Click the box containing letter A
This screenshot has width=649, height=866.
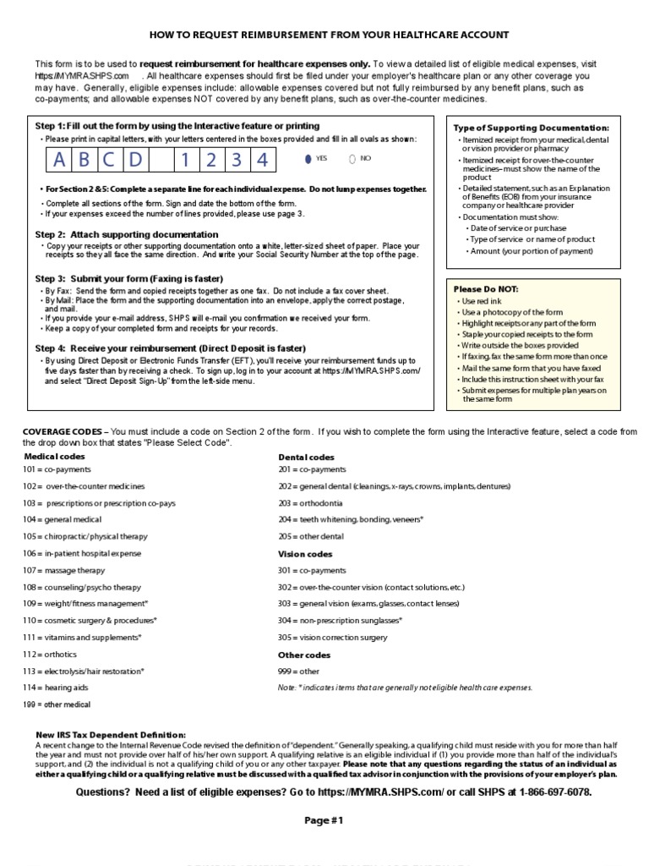coord(59,160)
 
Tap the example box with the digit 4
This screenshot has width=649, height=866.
coord(264,160)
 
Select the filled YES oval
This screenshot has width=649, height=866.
coord(307,158)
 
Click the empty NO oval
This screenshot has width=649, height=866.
coord(352,158)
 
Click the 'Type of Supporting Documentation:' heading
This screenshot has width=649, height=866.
coord(532,127)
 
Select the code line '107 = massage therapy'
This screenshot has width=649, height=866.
coord(64,570)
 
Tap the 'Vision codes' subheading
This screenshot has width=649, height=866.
coord(305,554)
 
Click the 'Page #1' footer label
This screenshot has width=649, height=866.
coord(324,820)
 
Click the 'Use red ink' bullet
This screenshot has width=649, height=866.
coord(481,301)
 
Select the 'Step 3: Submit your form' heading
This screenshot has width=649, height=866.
coord(128,278)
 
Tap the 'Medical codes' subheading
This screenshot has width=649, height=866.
coord(54,457)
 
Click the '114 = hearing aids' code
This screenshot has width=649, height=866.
coord(56,688)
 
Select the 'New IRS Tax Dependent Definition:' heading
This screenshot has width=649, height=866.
coord(110,735)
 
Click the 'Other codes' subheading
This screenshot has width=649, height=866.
coord(304,655)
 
